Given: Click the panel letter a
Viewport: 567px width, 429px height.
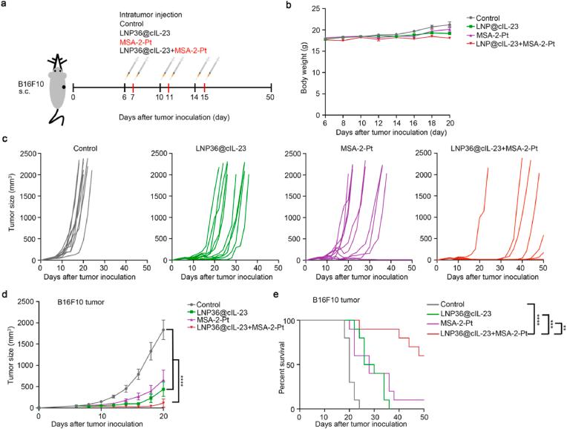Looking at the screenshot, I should [x=6, y=6].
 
